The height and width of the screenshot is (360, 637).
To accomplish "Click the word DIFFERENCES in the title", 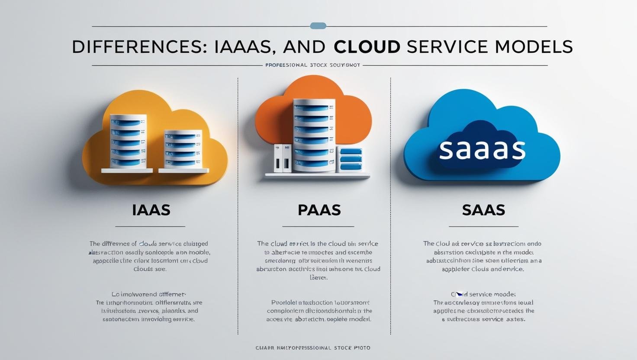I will (137, 47).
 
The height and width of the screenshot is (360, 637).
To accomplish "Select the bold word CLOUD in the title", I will (367, 47).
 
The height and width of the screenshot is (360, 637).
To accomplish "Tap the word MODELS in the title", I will (534, 47).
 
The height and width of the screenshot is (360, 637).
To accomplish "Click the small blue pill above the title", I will (318, 26).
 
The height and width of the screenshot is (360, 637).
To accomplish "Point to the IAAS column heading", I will (151, 210).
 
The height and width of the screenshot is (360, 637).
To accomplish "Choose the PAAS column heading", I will (319, 210).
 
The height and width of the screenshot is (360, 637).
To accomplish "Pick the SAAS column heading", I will (483, 210).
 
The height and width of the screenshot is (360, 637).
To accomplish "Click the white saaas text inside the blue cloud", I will (482, 149).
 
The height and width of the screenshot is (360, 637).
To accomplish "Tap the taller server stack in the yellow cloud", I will (128, 141).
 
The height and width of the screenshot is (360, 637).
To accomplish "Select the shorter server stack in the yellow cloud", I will (183, 149).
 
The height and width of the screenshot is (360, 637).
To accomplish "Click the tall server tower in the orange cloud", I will (314, 135).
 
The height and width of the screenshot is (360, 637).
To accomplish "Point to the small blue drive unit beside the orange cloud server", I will (351, 159).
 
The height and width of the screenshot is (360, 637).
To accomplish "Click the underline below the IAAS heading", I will (150, 226).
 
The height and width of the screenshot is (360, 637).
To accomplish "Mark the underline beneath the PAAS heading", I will (318, 226).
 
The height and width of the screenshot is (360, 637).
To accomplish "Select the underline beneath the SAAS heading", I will (483, 226).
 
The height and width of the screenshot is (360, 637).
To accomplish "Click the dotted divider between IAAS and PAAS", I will (238, 206).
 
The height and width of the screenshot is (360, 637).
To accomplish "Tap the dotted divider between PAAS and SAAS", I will (390, 206).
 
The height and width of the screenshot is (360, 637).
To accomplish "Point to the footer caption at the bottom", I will (312, 348).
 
